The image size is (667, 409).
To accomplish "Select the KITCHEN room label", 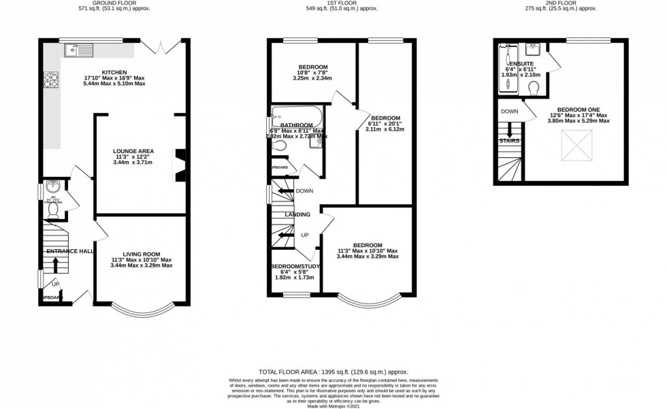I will [114, 72].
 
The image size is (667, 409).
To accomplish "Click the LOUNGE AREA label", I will [133, 151].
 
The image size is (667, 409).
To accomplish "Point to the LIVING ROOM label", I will [142, 253].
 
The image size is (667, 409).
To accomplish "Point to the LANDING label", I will [297, 214].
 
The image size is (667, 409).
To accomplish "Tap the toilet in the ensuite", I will [535, 88].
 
